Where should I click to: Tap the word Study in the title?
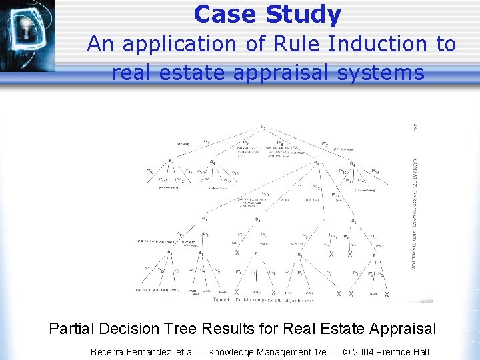303,14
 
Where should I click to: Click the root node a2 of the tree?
263,127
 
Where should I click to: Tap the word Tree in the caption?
201,329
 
